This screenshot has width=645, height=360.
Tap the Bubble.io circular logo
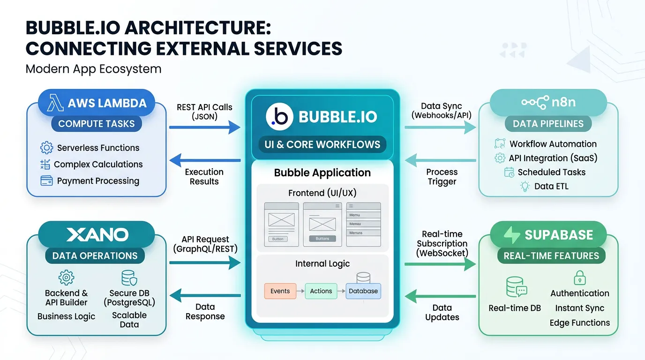(x=279, y=117)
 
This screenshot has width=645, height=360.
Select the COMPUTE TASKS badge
(x=96, y=124)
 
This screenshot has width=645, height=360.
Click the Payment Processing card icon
(x=46, y=180)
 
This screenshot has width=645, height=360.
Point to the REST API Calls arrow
(x=204, y=127)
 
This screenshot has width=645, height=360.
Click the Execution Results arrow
(x=204, y=161)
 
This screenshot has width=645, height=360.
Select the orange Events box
(x=280, y=291)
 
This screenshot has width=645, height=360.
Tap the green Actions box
(x=321, y=291)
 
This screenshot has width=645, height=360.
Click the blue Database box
(x=363, y=291)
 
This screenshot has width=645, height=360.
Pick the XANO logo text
(x=97, y=235)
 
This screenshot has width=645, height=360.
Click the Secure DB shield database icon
(x=129, y=278)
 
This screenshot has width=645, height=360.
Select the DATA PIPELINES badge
(x=548, y=124)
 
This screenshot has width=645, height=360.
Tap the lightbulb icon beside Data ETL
(x=525, y=186)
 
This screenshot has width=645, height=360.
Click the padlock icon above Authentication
(x=579, y=277)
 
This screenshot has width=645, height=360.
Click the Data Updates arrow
(x=440, y=296)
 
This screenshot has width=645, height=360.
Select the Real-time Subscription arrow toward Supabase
(x=440, y=264)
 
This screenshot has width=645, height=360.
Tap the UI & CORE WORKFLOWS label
(x=322, y=144)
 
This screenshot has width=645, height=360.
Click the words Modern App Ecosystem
(x=93, y=69)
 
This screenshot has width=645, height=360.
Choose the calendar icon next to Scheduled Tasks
(x=509, y=172)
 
